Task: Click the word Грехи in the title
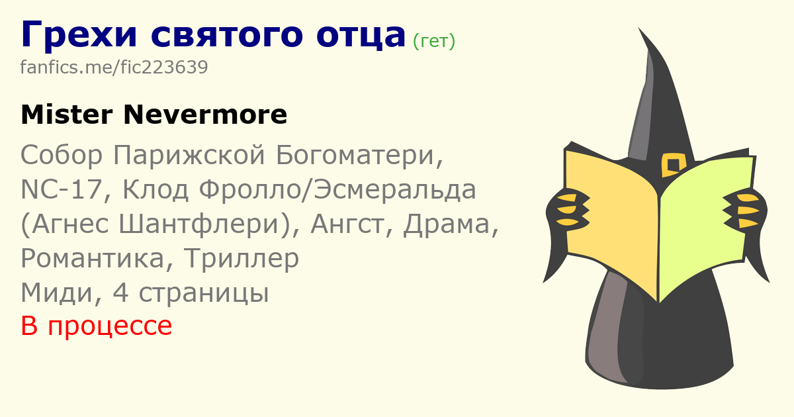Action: click(79, 34)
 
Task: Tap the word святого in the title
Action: click(227, 36)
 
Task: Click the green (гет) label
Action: click(434, 42)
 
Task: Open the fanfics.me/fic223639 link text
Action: click(114, 67)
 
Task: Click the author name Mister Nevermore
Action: click(154, 115)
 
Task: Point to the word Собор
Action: click(62, 155)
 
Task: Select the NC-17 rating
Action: click(62, 189)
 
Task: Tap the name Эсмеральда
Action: click(395, 189)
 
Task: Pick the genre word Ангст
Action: click(347, 224)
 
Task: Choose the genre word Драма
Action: click(446, 224)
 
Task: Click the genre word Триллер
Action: click(242, 259)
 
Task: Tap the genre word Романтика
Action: click(93, 259)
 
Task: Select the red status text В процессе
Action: click(97, 326)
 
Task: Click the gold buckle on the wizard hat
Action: click(673, 165)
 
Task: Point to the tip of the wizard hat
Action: click(639, 27)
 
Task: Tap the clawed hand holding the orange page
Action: click(567, 210)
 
